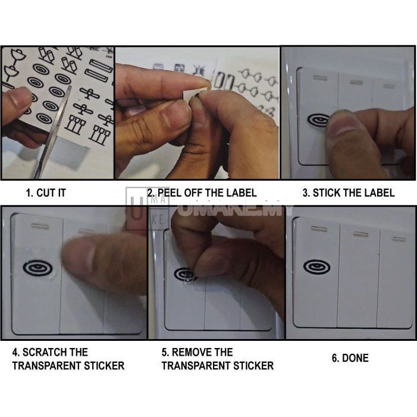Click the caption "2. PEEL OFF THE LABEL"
(202, 193)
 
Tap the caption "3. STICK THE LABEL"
(348, 193)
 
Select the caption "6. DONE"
(350, 358)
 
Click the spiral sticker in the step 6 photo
(316, 267)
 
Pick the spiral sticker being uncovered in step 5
(186, 274)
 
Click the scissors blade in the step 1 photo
(54, 131)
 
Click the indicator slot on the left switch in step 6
(319, 228)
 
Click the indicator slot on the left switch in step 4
(40, 226)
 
